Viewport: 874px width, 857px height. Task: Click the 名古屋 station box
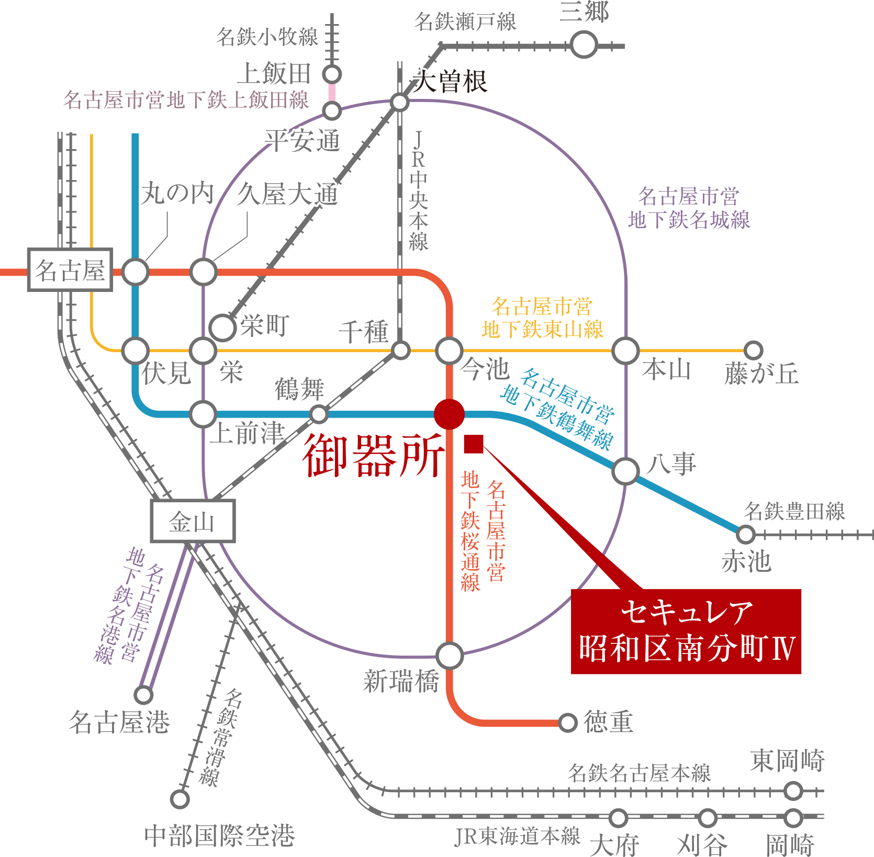tap(70, 270)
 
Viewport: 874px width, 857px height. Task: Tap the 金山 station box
tap(193, 521)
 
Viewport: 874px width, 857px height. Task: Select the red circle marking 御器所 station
tap(449, 414)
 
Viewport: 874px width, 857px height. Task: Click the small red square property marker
tap(473, 445)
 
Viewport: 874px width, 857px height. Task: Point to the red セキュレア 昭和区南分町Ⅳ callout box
tap(686, 631)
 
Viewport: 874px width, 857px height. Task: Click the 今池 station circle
tap(449, 351)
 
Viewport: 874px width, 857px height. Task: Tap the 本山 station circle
tap(625, 351)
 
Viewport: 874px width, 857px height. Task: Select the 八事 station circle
tap(625, 471)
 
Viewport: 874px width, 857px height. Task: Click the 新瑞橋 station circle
tap(449, 656)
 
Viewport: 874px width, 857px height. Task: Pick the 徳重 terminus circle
tap(567, 723)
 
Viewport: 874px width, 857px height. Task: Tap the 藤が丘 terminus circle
tap(753, 350)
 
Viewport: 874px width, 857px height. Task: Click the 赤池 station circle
tap(745, 535)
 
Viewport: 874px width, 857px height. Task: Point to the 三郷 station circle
tap(584, 45)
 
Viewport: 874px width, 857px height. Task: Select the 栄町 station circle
tap(223, 328)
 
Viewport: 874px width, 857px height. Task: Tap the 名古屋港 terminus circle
tap(143, 695)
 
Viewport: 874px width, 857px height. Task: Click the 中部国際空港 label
tap(219, 836)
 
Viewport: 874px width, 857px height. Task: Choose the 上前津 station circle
tap(203, 414)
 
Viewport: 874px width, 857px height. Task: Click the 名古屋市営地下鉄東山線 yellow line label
tap(542, 318)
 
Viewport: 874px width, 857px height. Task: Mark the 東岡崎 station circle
tap(793, 791)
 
